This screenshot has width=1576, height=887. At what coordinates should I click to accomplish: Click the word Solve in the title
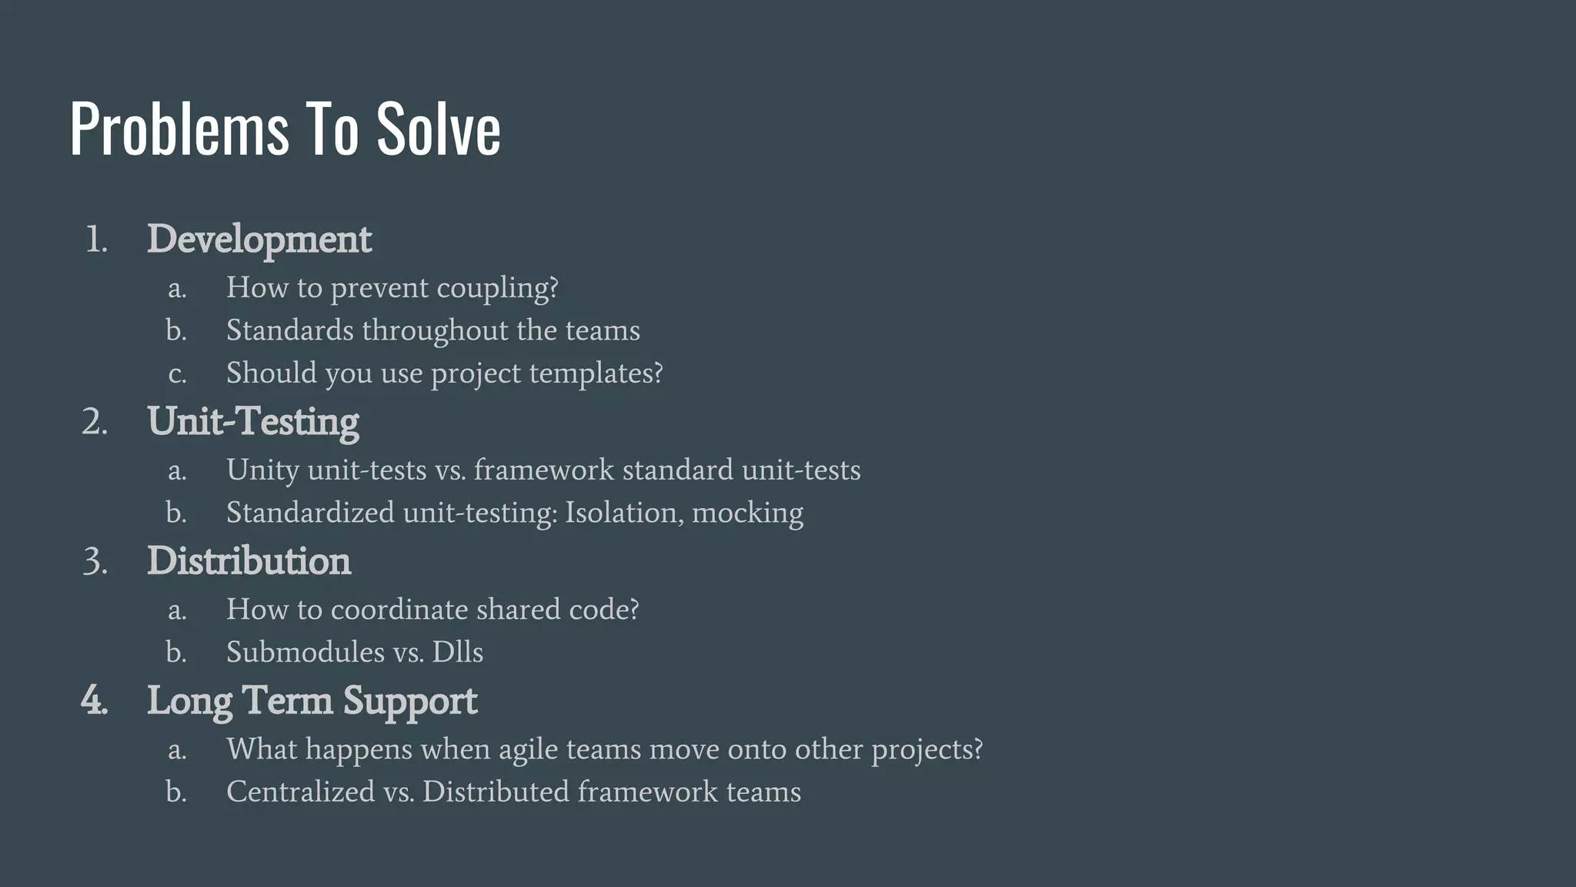point(438,129)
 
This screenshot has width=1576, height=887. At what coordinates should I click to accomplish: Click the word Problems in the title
point(179,129)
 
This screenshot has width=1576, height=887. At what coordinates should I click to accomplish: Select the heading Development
point(259,239)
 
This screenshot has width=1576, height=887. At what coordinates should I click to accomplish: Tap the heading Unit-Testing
point(253,422)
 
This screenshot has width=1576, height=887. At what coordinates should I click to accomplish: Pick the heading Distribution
point(249,561)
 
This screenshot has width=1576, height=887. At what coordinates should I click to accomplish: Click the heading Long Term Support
point(312,701)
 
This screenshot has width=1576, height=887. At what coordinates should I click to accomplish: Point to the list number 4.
point(94,701)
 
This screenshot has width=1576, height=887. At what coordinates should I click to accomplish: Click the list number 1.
point(95,240)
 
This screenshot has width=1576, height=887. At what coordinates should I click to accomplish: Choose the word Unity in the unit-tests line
point(262,470)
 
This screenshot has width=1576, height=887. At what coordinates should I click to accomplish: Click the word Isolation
point(624,513)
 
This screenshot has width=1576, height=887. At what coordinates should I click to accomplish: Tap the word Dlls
point(457,652)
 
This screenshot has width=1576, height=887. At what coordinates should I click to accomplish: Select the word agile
point(528,750)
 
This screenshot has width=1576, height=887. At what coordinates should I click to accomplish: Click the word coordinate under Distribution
point(399,610)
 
